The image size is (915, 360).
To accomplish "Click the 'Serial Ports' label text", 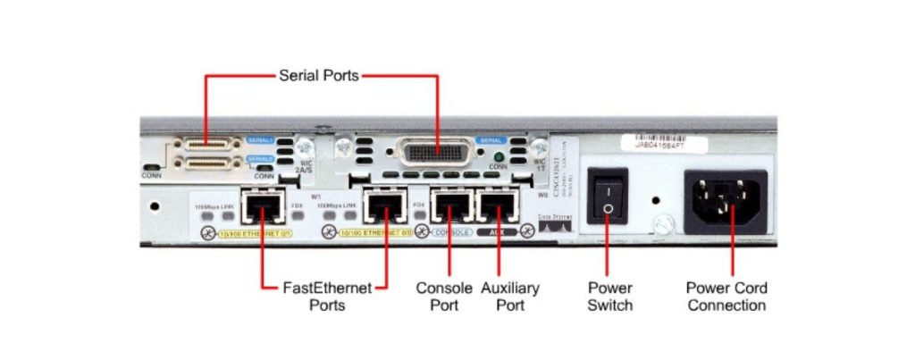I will pos(318,76).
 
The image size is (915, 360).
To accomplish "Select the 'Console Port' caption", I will pos(444,297).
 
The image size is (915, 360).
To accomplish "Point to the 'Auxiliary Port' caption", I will pos(510,297).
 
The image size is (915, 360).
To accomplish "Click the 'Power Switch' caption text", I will pos(610,297).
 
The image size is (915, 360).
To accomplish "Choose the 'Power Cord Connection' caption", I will pos(726,297).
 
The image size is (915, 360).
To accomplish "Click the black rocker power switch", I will pos(607,197).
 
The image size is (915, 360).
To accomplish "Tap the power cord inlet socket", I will pos(726,197).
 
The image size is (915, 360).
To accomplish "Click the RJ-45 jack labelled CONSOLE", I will pos(449,207).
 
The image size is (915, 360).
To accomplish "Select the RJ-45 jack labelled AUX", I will pos(496,207).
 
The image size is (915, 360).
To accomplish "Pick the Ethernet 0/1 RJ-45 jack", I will pos(261,209).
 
